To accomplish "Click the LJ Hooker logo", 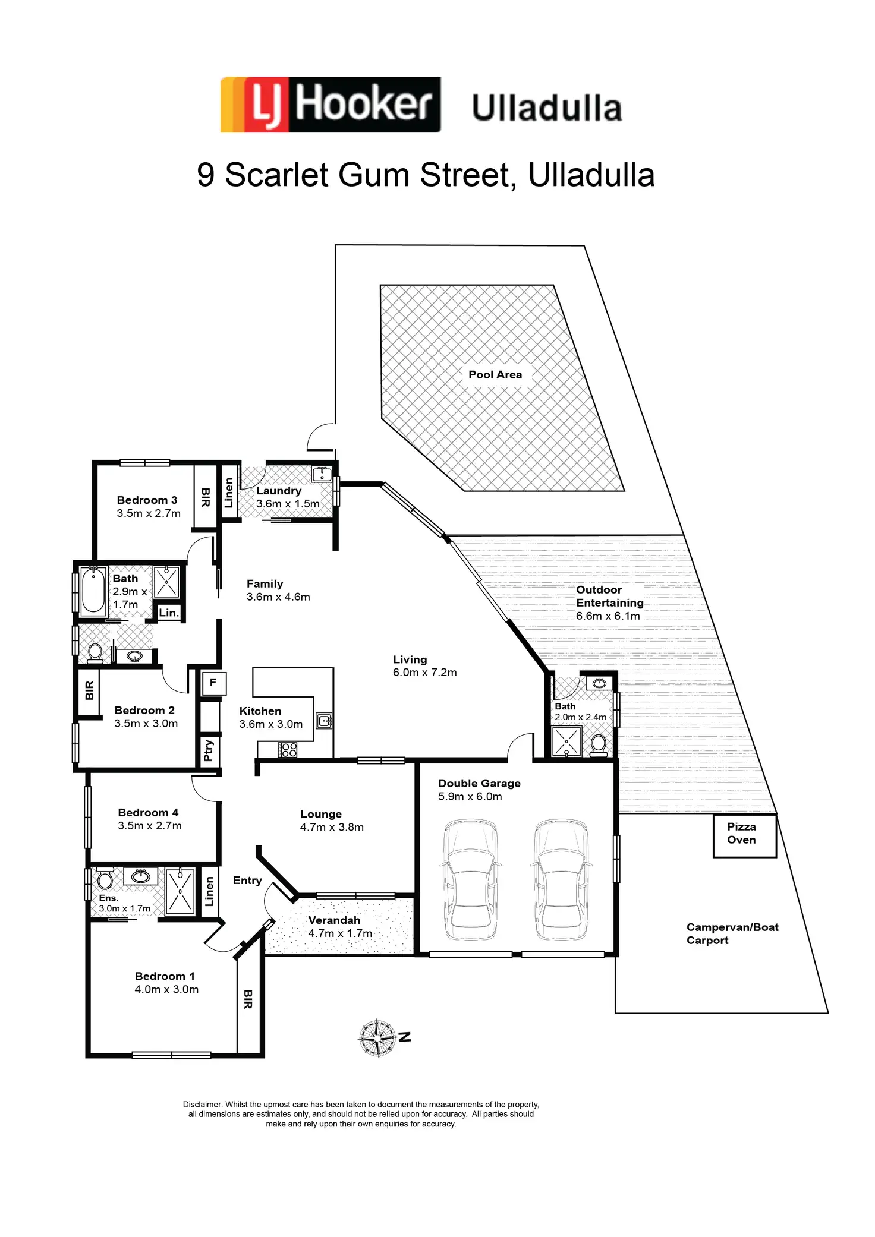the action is click(330, 105).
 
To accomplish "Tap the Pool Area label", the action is click(495, 374).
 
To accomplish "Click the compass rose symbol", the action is click(377, 1038).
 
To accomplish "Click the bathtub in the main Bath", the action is click(93, 590).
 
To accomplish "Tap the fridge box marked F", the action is click(213, 683).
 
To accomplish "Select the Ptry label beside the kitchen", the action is click(208, 750).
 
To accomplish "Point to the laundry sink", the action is click(322, 474).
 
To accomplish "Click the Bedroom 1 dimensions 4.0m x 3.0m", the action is click(166, 989).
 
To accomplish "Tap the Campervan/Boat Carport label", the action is click(732, 933).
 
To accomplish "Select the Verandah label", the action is click(334, 920).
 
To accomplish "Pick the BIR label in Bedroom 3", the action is click(206, 497).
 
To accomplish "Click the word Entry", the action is click(247, 881).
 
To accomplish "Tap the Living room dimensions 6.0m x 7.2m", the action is click(424, 673).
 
